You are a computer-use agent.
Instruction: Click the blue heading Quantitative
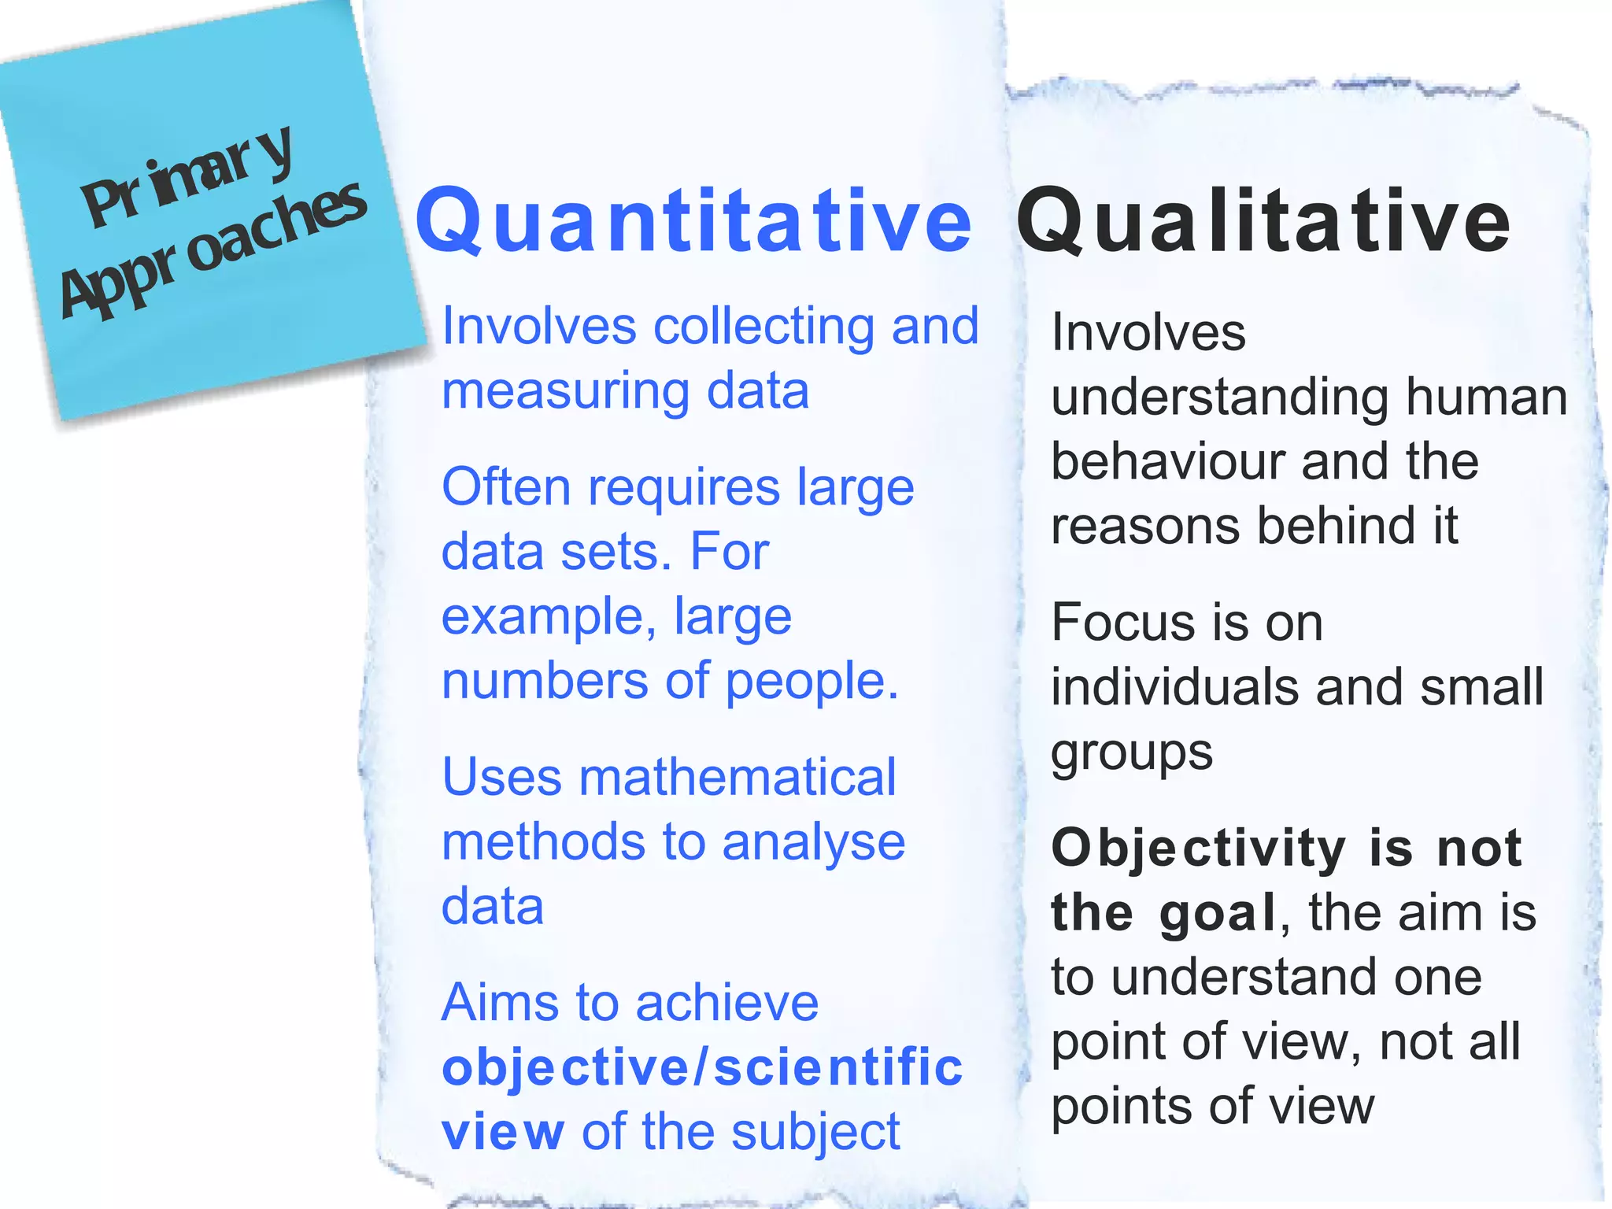693,221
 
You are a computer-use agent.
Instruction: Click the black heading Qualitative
1263,221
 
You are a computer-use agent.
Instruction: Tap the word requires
684,487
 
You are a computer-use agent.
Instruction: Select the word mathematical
738,778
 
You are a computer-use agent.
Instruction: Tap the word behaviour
1168,461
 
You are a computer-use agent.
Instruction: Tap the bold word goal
1217,914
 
